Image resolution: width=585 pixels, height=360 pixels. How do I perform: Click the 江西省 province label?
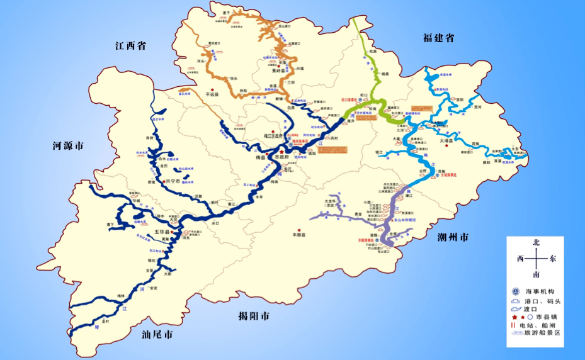[131, 45]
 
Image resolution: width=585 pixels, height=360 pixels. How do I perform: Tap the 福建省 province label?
[439, 38]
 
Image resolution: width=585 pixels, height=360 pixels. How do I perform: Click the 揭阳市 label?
[250, 315]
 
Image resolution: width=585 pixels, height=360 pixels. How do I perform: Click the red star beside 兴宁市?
[164, 181]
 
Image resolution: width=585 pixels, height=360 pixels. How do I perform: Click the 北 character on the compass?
[536, 242]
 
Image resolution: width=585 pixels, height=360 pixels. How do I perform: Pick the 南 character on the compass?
[536, 274]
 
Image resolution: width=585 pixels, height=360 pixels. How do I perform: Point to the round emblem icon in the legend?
[515, 291]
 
